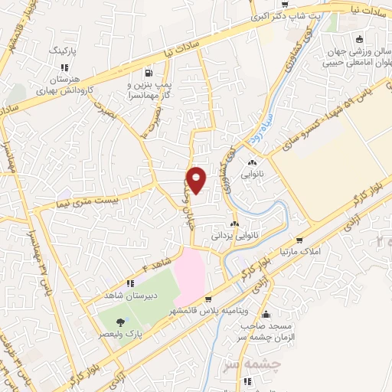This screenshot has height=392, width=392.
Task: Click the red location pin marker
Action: coord(197,181)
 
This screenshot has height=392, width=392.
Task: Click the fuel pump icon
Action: coord(145,74)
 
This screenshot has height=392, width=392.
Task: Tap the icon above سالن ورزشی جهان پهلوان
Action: coord(358,41)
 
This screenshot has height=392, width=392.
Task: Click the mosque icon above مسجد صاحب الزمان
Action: coord(266,314)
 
